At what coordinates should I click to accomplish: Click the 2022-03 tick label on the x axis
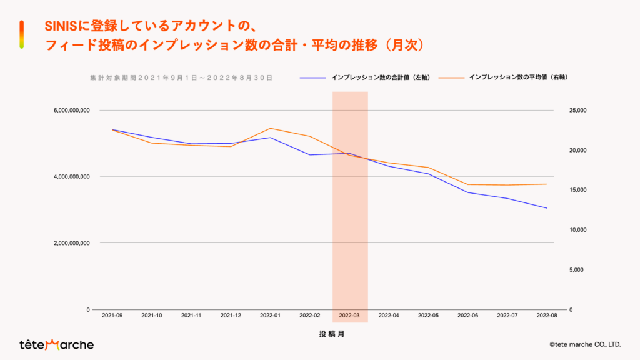pos(349,316)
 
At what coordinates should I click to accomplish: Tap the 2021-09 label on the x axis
pos(112,316)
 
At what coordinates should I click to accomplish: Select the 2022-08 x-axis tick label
pos(546,316)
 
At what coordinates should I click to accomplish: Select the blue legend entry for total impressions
pos(366,77)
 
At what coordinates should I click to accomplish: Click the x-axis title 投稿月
pos(332,334)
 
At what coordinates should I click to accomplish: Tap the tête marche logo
pos(56,344)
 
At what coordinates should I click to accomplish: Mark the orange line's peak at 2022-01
pos(270,128)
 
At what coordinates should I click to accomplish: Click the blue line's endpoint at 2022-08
pos(546,208)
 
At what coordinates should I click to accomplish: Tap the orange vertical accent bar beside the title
pos(22,34)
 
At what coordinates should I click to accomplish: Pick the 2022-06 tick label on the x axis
pos(467,316)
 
